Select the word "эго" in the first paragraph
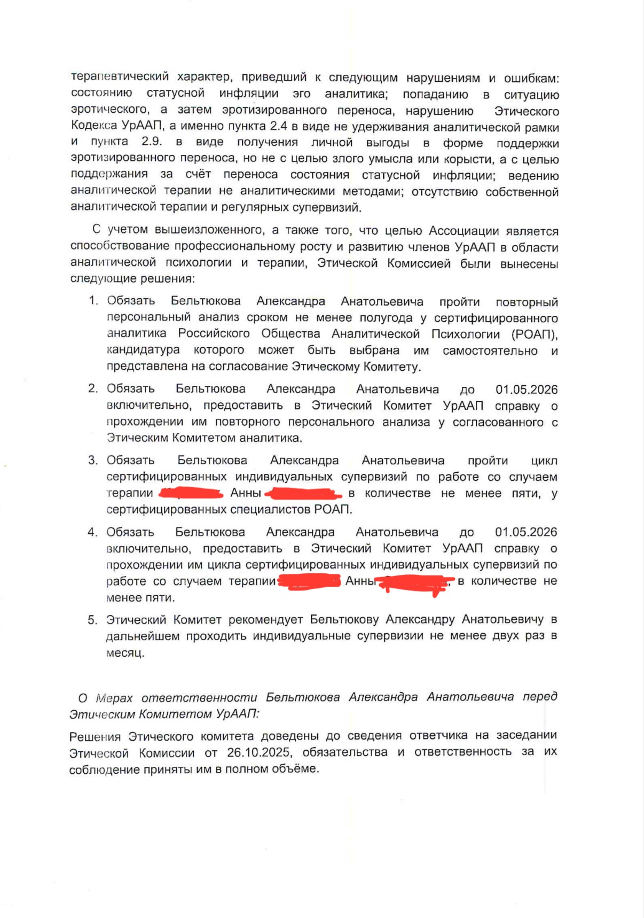coord(301,94)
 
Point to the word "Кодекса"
coord(94,126)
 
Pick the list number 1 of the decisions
coord(93,301)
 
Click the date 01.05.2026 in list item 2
coord(526,390)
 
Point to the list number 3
coord(93,461)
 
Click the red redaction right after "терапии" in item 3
coord(191,493)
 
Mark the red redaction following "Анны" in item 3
coord(303,493)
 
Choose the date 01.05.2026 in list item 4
coord(525,532)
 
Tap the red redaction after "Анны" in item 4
coord(414,582)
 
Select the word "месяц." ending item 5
coord(125,653)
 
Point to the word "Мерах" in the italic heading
coord(114,698)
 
